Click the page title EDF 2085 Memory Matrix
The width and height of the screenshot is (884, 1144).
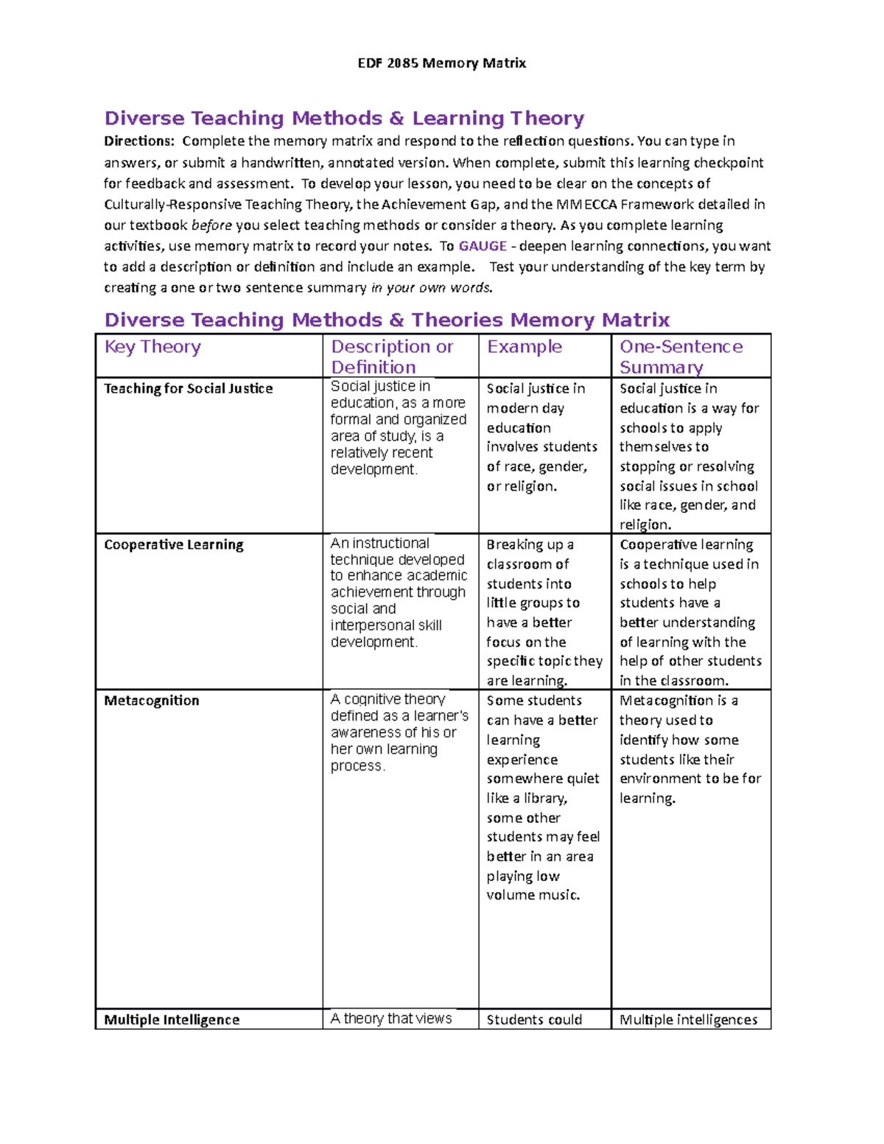tap(441, 63)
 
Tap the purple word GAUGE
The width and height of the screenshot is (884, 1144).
tap(483, 246)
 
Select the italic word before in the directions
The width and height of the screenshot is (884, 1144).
tap(211, 225)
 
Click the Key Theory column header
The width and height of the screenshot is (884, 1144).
tap(152, 347)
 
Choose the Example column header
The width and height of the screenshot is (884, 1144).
tap(525, 347)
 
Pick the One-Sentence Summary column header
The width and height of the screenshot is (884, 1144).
tap(681, 357)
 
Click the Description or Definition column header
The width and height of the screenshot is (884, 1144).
tap(392, 357)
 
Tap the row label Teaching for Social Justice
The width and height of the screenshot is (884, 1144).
tap(188, 389)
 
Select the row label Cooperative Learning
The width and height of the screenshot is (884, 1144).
tap(173, 545)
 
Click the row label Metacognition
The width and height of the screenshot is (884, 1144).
tap(151, 701)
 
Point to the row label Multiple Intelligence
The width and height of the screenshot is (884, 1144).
tap(171, 1020)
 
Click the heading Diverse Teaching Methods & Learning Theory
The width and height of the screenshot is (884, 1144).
tap(344, 119)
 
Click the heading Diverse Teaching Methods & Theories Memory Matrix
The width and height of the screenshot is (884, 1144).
tap(387, 320)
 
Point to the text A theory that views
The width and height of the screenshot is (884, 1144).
tap(390, 1019)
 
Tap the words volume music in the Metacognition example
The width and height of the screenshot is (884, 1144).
tap(533, 896)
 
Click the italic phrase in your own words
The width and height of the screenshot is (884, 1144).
tap(431, 288)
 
